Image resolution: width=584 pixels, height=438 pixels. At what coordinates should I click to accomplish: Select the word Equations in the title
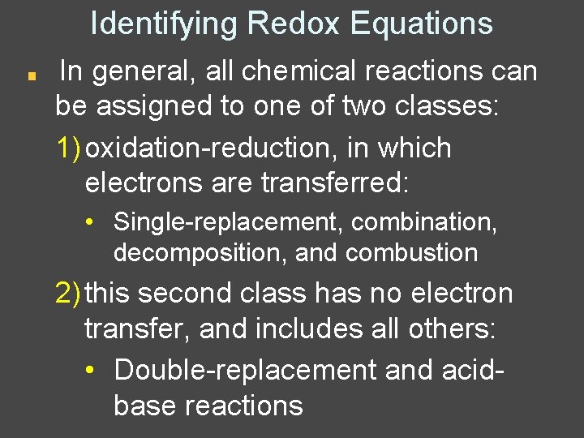422,24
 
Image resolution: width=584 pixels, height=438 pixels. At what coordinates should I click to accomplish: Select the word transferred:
336,183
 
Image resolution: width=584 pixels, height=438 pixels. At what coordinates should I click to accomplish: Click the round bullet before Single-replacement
95,221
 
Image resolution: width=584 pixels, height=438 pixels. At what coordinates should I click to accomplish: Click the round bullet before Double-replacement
95,370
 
